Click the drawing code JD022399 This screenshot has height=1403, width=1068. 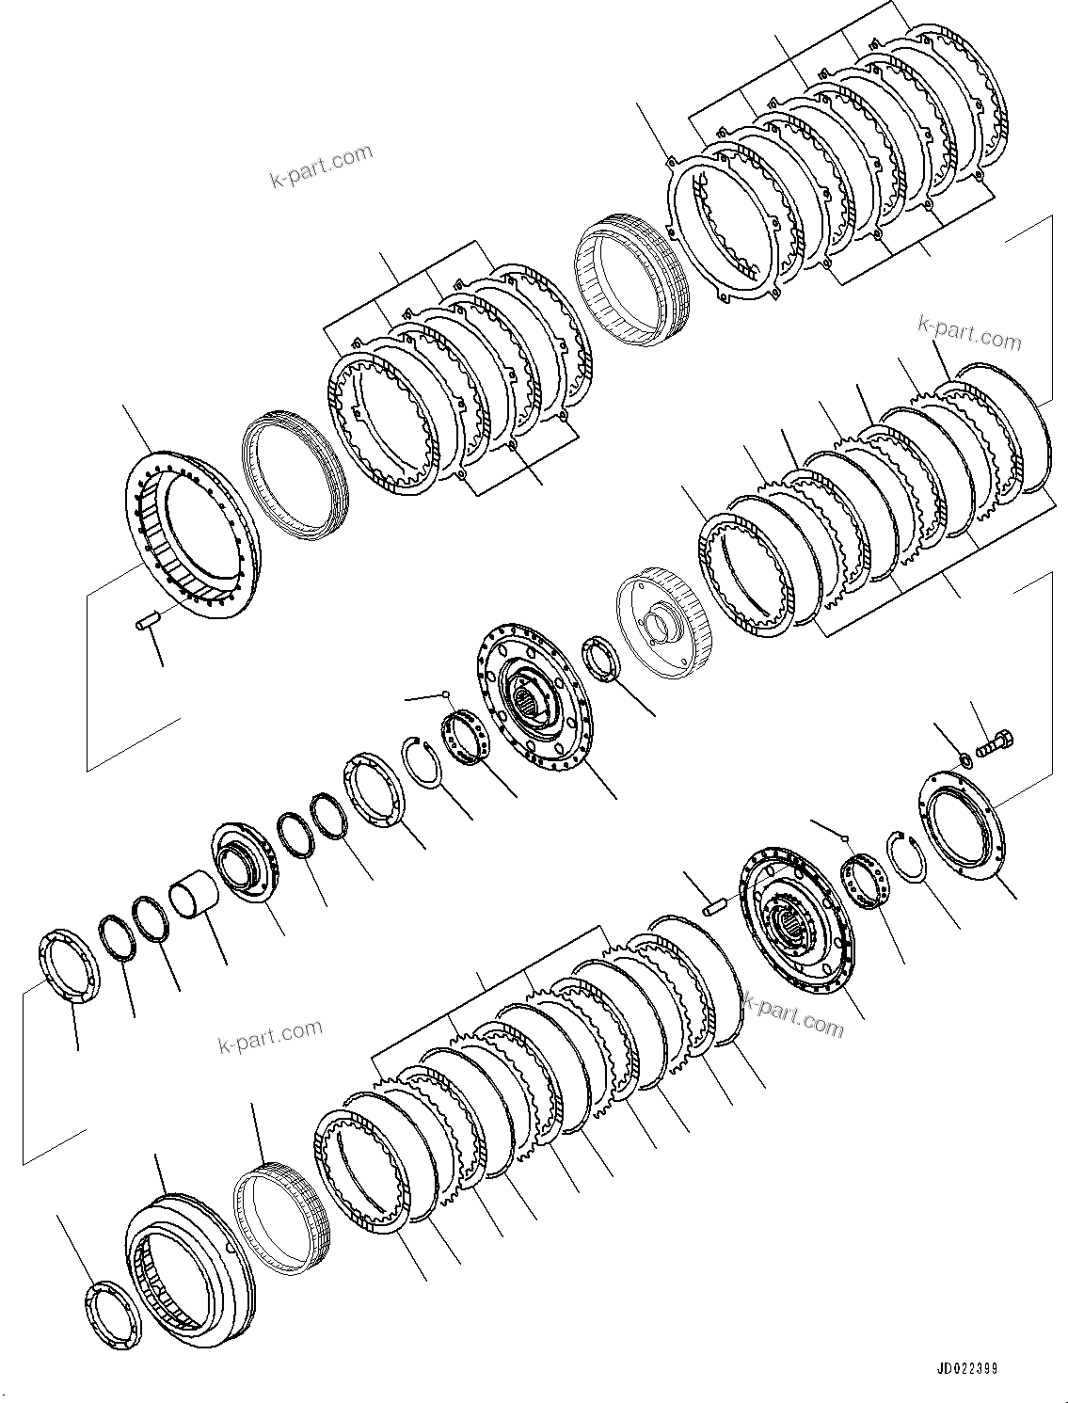point(967,1368)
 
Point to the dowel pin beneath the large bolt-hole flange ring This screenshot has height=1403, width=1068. point(147,622)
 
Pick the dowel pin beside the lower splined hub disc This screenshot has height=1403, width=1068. point(718,905)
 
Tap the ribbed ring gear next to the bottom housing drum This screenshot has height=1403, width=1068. point(282,1215)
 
